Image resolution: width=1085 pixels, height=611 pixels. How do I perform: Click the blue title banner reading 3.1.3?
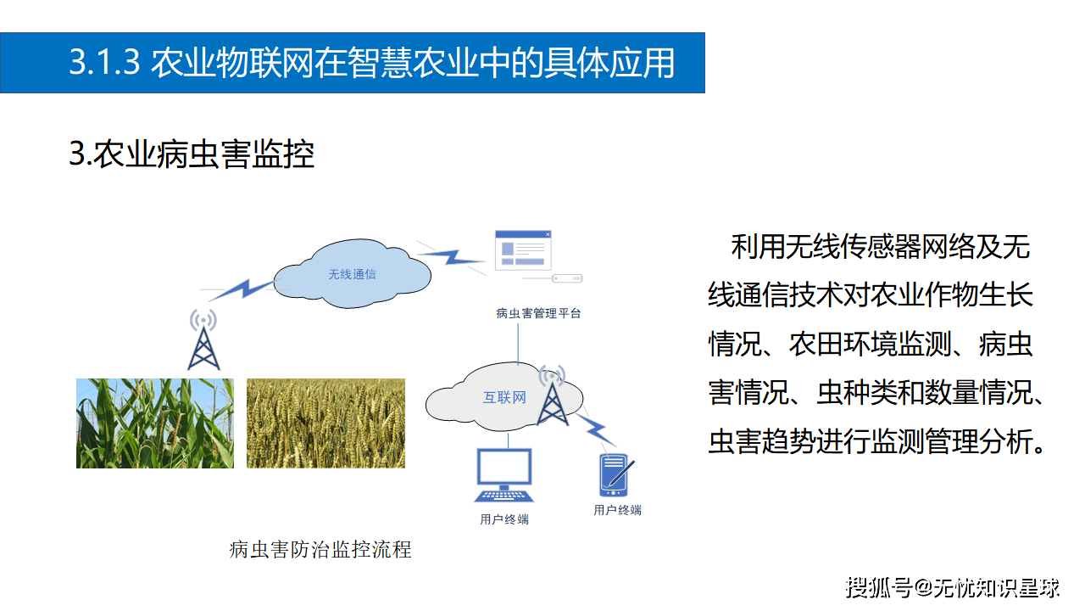click(352, 63)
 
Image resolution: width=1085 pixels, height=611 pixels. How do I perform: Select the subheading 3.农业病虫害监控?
click(192, 154)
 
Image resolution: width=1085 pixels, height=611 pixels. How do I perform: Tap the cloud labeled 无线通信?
click(352, 274)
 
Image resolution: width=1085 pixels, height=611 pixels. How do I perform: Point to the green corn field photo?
click(155, 423)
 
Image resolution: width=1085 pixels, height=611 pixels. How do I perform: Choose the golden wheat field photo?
click(325, 423)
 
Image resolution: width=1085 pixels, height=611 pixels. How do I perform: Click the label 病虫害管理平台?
click(538, 313)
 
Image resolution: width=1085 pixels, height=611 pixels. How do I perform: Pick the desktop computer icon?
click(504, 476)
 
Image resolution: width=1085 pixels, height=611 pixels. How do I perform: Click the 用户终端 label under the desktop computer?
click(504, 519)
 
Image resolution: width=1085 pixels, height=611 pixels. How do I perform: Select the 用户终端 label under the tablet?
click(617, 510)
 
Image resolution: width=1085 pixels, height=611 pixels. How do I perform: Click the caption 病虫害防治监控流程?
click(320, 550)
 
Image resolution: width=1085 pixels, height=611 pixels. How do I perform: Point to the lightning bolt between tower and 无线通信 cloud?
click(242, 289)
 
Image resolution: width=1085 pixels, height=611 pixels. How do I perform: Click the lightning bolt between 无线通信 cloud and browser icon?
click(449, 254)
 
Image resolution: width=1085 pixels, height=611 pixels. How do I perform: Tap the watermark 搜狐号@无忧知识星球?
click(953, 586)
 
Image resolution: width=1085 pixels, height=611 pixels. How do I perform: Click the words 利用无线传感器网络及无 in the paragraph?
click(880, 247)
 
